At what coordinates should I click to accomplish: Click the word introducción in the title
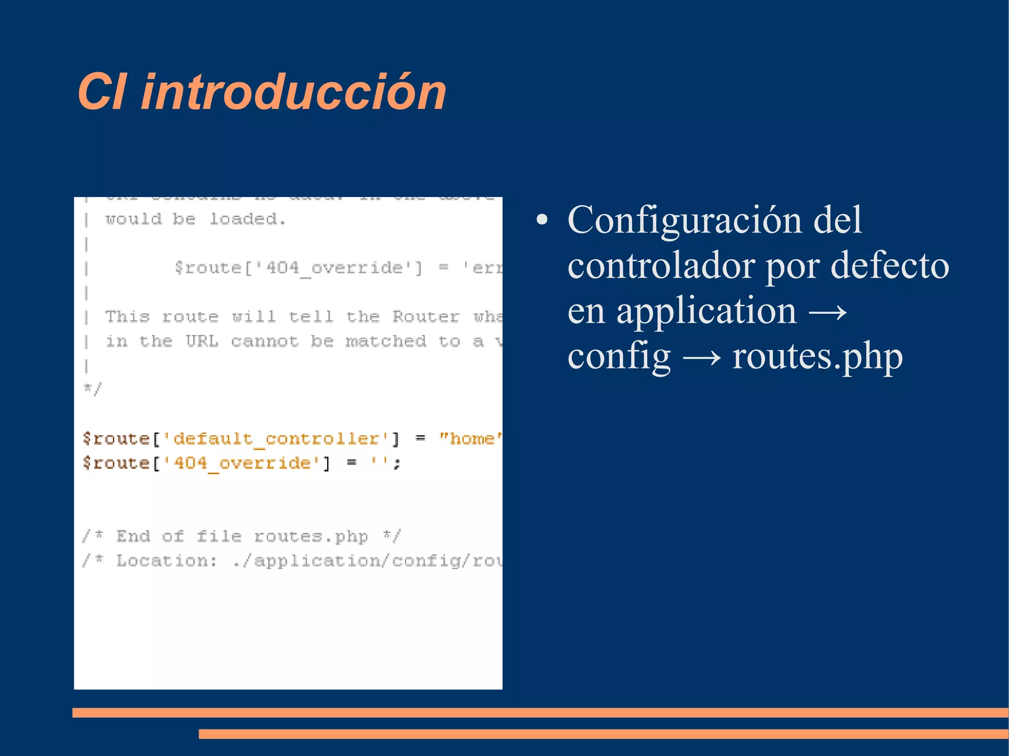[294, 92]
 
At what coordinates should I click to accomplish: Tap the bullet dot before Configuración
[542, 220]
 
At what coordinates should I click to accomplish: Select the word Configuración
[685, 220]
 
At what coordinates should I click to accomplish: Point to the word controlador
[661, 265]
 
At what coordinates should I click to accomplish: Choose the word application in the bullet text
[706, 311]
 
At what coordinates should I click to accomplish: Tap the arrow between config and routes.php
[702, 358]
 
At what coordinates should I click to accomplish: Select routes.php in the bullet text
[817, 357]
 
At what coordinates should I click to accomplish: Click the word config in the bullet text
[619, 357]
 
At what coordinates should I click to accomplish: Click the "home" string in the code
[471, 438]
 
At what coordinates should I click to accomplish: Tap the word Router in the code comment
[426, 316]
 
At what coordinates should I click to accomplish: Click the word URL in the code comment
[202, 341]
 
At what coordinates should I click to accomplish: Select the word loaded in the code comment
[247, 219]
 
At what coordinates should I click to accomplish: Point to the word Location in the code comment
[166, 560]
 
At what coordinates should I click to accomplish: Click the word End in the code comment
[133, 536]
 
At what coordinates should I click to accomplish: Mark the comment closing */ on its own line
[92, 389]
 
